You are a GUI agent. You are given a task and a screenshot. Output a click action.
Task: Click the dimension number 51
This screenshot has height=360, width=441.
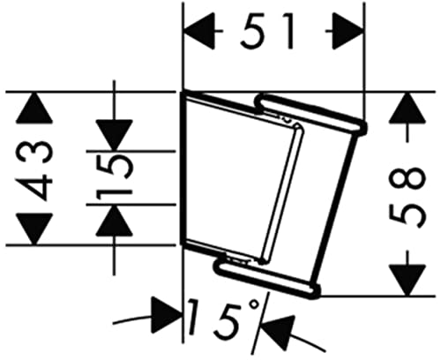(x=266, y=32)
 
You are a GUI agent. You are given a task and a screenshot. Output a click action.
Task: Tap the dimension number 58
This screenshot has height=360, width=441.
(x=407, y=194)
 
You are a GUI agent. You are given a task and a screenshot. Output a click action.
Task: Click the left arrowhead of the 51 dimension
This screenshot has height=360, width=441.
(x=199, y=31)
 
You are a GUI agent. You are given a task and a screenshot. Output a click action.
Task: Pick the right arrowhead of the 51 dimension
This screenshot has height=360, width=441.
(x=348, y=31)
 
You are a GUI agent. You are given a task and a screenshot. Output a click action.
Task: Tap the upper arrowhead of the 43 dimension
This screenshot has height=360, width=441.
(x=34, y=108)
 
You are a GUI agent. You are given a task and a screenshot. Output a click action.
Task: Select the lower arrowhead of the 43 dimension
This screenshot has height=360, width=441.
(x=34, y=229)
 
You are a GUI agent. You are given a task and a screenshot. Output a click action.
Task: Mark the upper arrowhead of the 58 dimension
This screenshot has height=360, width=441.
(x=407, y=108)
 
